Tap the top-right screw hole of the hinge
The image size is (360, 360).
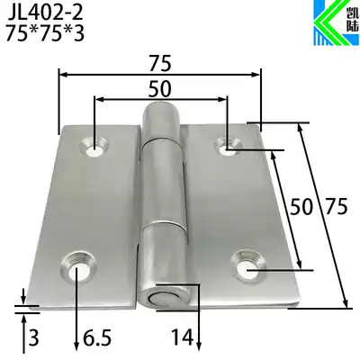[x=227, y=142]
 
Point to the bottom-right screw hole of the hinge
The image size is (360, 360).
[x=247, y=266]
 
